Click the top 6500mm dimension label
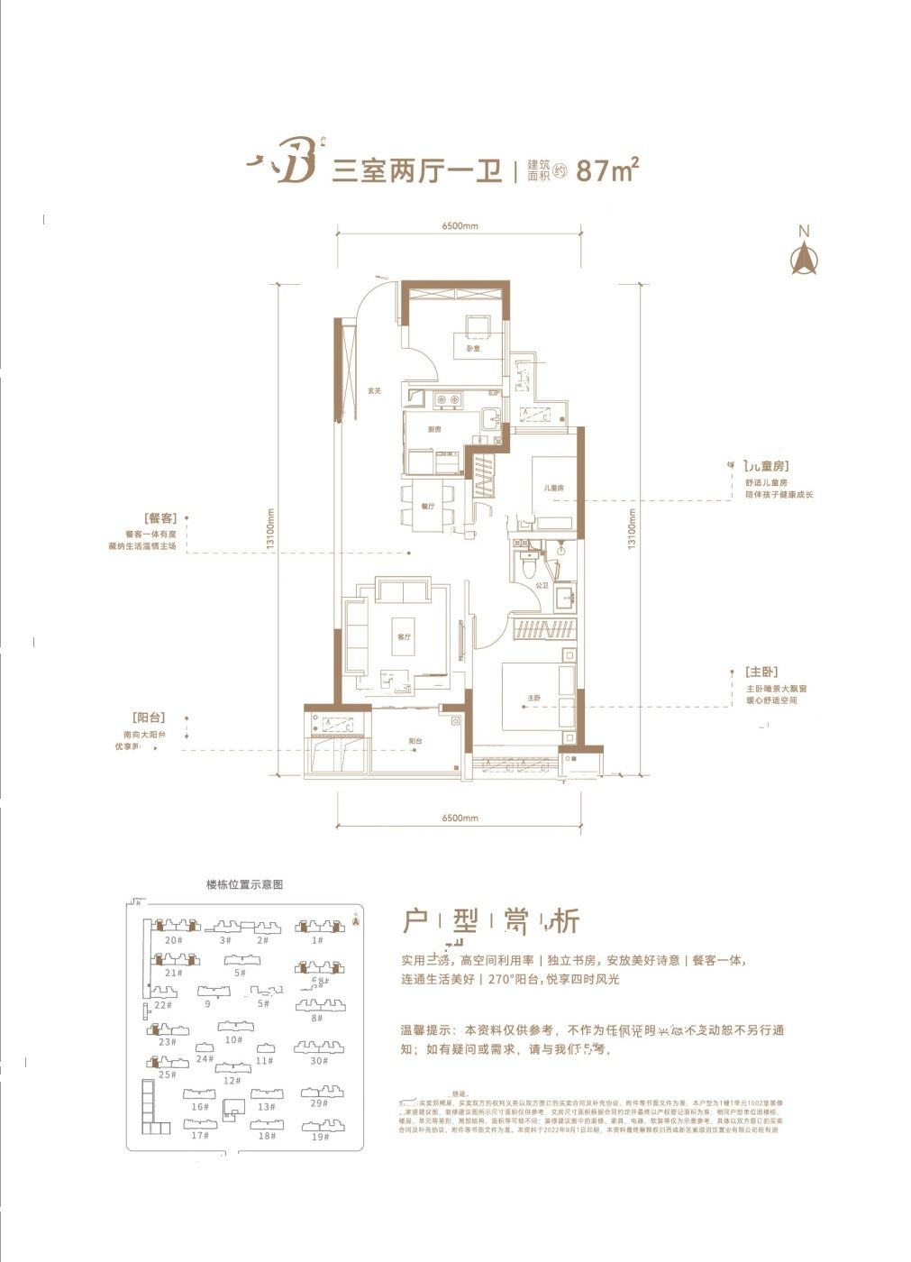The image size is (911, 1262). pos(460,226)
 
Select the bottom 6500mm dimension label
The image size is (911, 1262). pos(460,818)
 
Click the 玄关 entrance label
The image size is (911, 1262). pos(375,390)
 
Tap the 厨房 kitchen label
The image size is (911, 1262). pos(435,429)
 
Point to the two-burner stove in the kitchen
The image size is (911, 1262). pos(449,399)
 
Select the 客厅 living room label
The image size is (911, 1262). pos(404,636)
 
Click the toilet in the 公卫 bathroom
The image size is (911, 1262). pos(529,569)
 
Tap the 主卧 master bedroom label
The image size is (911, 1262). pos(534,699)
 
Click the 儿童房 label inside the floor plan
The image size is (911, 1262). pos(553,488)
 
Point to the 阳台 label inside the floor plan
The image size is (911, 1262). pos(415,741)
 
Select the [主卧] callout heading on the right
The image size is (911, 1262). pos(761,672)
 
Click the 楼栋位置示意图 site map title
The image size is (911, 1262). pos(244,885)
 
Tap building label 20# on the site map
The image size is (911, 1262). pos(174,940)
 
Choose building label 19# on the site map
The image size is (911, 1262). pos(320,1137)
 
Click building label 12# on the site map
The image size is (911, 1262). pos(232,1081)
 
